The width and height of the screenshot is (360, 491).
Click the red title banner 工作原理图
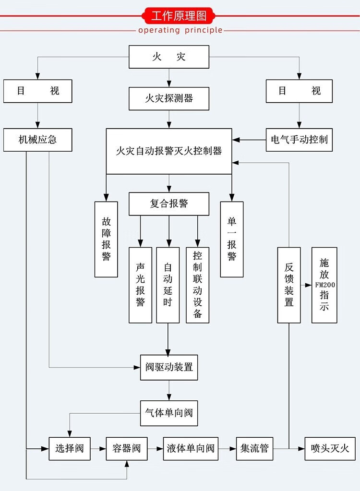180,15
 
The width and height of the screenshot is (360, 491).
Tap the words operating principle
180,30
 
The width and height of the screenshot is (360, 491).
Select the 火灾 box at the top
168,57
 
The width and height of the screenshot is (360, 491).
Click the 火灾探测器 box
168,98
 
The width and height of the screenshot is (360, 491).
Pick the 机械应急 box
37,140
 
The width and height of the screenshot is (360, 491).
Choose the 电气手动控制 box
299,140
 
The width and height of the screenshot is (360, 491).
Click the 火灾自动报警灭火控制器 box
168,151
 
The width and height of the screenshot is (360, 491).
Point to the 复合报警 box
168,204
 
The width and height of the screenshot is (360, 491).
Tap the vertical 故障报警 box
106,239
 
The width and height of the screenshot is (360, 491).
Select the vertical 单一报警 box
232,239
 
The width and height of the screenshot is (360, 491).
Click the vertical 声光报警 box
140,285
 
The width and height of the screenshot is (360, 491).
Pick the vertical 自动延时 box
168,285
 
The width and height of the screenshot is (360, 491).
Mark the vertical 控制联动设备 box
197,285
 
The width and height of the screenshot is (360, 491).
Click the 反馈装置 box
289,285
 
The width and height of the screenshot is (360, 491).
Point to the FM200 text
325,285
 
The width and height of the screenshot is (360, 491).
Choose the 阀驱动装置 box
168,368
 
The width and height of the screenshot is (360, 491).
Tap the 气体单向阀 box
168,413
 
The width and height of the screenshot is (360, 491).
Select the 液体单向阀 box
191,449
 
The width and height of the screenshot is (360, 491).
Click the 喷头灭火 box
330,449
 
